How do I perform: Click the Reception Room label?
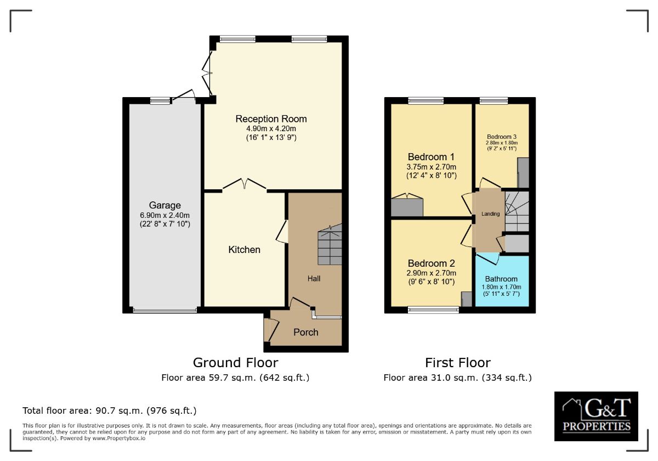click(x=271, y=119)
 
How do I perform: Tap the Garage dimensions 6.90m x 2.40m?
click(x=164, y=215)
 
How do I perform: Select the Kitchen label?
click(x=244, y=250)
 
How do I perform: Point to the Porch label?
click(x=306, y=332)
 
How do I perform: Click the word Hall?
click(x=314, y=278)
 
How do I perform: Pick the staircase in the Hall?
click(x=330, y=244)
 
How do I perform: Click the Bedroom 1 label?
click(x=431, y=157)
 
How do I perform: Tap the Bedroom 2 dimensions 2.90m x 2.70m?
click(x=431, y=273)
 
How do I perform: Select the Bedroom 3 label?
click(x=501, y=137)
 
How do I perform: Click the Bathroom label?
click(x=501, y=279)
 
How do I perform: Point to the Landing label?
click(x=490, y=214)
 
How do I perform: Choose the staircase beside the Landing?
click(x=517, y=211)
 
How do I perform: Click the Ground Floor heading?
click(x=235, y=363)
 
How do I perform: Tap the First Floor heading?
click(x=458, y=363)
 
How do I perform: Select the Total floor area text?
click(x=109, y=411)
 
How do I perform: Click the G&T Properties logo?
click(x=596, y=417)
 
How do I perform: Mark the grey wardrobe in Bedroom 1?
click(x=407, y=207)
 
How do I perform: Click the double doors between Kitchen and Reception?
click(x=245, y=184)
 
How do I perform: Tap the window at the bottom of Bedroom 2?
click(x=433, y=310)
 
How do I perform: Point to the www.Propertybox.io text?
click(x=118, y=438)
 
